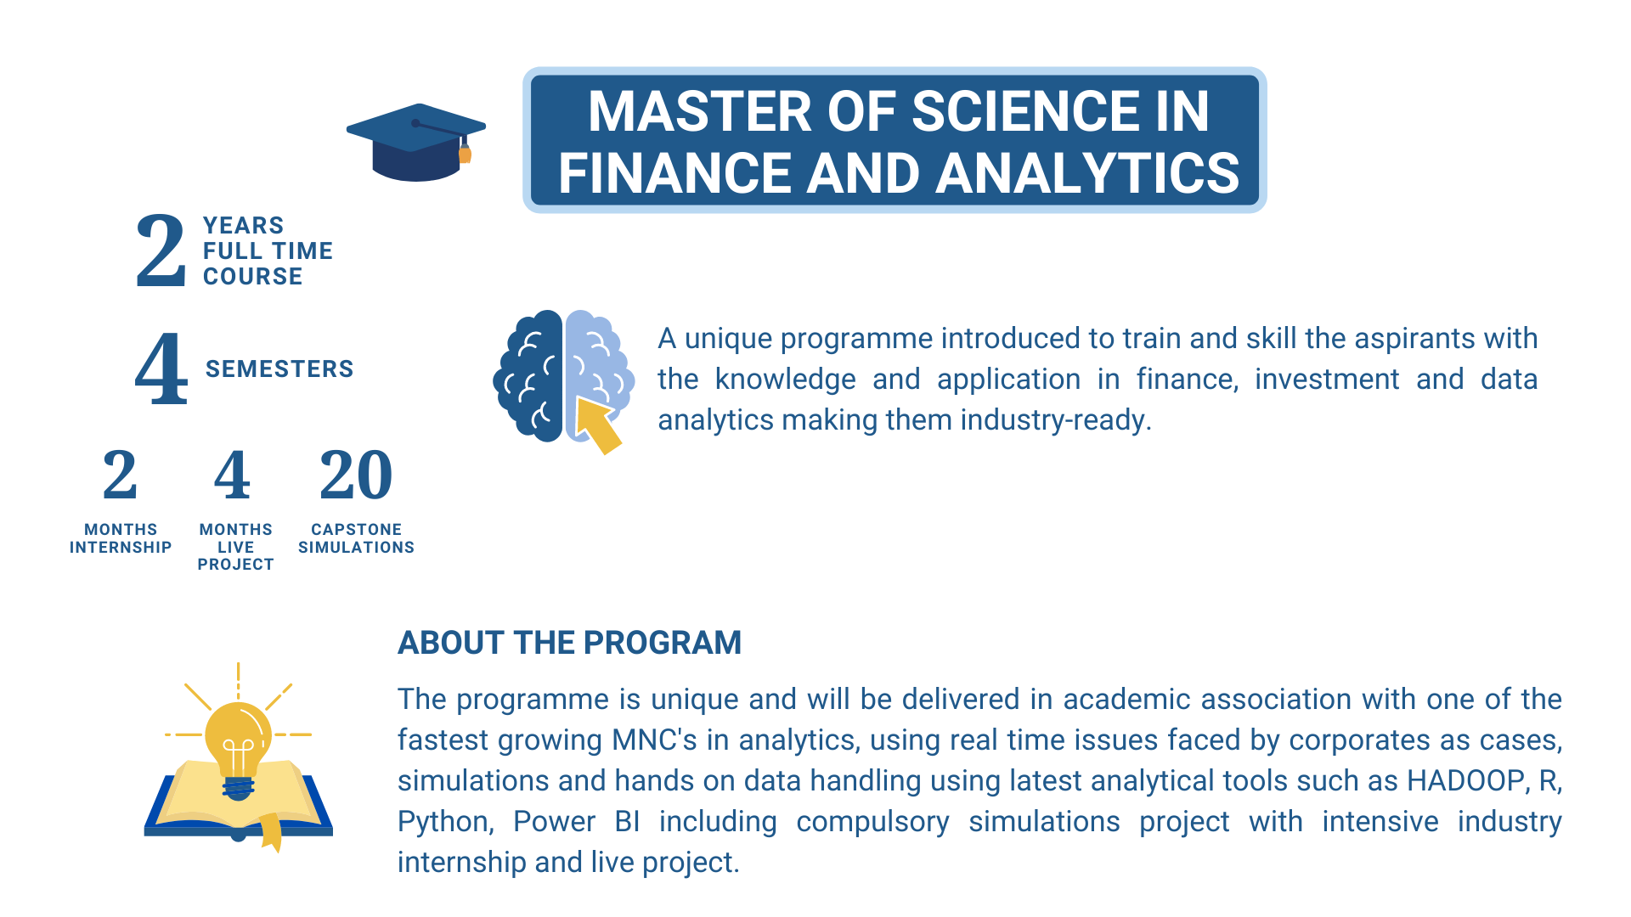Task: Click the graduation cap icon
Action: (416, 143)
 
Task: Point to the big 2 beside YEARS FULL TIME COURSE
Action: (161, 250)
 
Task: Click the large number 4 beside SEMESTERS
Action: (161, 368)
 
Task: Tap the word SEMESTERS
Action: (279, 369)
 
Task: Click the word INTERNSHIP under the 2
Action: (121, 548)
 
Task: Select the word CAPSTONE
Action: (357, 530)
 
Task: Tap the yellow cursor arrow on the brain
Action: (599, 425)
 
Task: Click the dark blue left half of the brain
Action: (528, 375)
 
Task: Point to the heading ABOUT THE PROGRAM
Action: (570, 643)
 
